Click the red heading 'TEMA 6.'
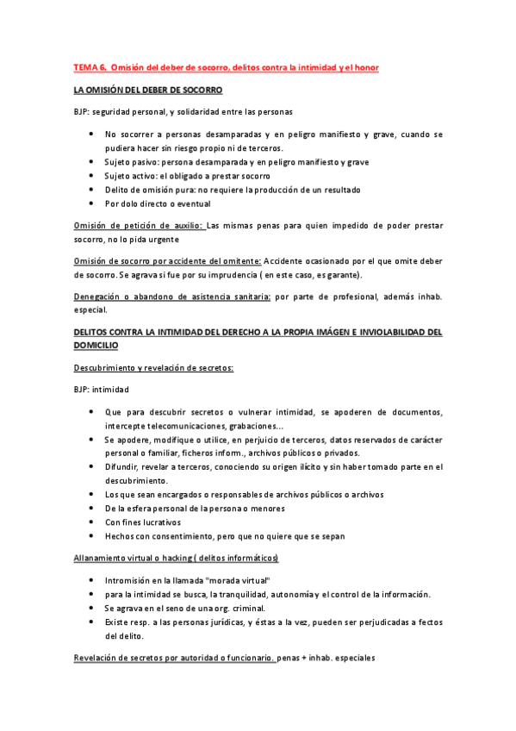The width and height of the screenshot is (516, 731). pyautogui.click(x=88, y=67)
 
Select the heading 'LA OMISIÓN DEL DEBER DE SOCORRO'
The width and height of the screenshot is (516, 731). pyautogui.click(x=148, y=90)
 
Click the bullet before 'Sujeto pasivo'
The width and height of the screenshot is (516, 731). pyautogui.click(x=92, y=161)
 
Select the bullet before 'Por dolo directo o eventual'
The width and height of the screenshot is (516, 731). pyautogui.click(x=92, y=203)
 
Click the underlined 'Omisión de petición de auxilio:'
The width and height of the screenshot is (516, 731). pyautogui.click(x=140, y=226)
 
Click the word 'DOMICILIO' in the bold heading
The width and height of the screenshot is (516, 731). pyautogui.click(x=96, y=344)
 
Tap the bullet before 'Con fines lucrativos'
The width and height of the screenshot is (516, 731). pyautogui.click(x=92, y=522)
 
